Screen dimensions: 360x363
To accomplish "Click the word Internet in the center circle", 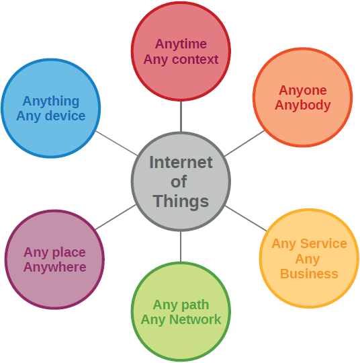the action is [x=181, y=162].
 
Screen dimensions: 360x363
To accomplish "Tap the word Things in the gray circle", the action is [x=181, y=202].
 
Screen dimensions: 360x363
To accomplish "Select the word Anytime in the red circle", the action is [x=181, y=44].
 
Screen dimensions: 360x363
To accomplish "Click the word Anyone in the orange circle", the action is [x=303, y=90].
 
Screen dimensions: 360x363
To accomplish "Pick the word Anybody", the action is [x=303, y=105].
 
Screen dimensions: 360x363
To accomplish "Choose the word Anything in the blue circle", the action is [x=51, y=102].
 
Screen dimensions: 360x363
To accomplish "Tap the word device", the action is [x=65, y=116].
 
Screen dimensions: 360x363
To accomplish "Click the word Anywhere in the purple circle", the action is [x=55, y=267].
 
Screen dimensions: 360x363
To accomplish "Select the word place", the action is [x=69, y=252].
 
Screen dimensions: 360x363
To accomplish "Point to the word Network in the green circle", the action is [x=195, y=319].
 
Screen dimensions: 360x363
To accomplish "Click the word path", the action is [x=195, y=305].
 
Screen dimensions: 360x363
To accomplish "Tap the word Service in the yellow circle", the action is [x=324, y=243].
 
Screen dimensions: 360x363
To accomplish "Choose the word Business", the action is [x=309, y=274].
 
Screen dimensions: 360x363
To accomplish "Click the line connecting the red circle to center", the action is [x=181, y=117].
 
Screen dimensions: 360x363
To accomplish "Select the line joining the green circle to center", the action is [x=181, y=247].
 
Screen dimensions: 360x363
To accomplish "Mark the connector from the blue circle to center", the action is [x=117, y=143].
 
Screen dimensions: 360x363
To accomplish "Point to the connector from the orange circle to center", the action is [x=244, y=143].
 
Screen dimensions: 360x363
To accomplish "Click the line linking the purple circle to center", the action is [x=116, y=217].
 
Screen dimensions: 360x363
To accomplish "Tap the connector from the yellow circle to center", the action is [x=246, y=218].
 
